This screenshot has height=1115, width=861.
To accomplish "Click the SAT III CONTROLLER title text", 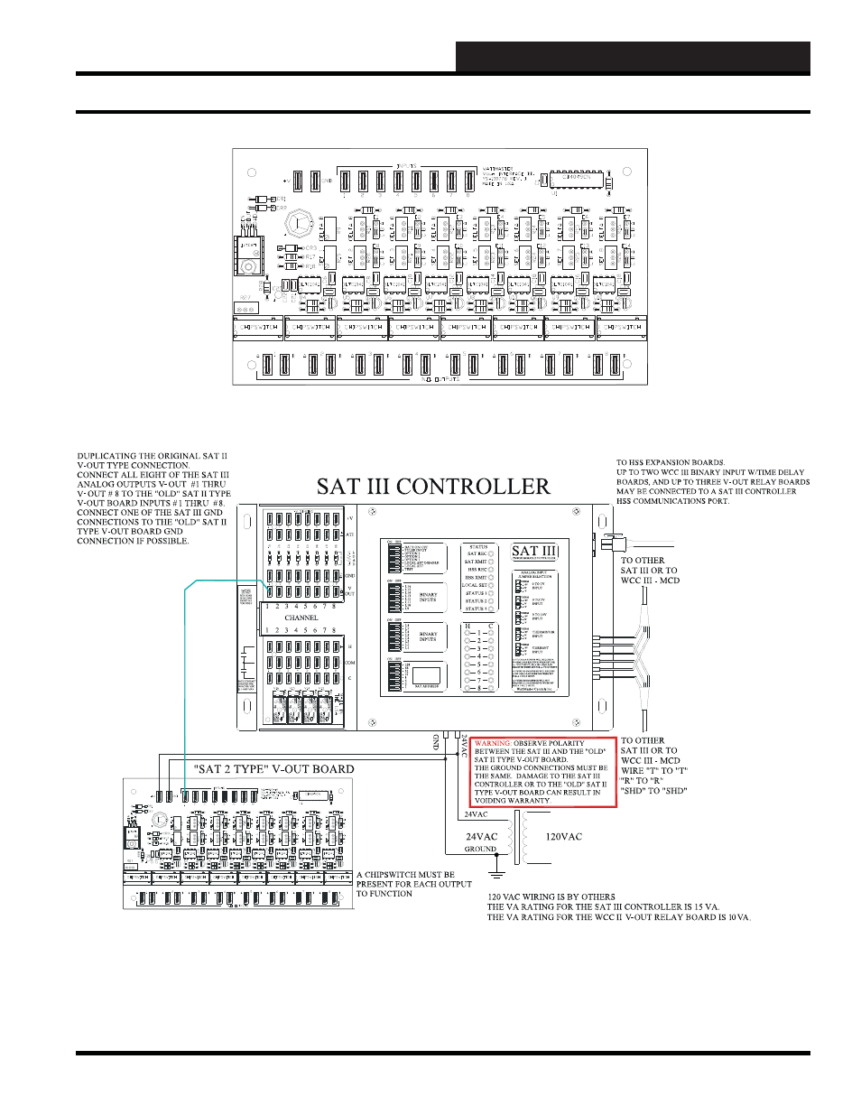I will pos(433,488).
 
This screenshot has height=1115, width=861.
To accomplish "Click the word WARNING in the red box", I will pos(493,744).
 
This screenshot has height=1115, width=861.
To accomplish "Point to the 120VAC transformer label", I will pos(563,837).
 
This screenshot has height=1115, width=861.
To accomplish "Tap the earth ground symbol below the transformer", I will pos(495,872).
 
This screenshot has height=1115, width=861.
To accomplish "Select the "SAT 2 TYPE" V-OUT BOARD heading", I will pos(274,769).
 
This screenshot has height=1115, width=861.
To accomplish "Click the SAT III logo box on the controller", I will pos(534,552).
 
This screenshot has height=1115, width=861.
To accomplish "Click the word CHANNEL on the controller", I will pos(301,618).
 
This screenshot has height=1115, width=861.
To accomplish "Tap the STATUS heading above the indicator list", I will pos(478,547).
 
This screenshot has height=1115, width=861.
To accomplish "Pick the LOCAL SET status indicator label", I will pos(475,585).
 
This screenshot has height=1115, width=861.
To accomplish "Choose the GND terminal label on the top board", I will pos(326,181).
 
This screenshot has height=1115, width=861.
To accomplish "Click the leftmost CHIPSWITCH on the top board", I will pos(258,328).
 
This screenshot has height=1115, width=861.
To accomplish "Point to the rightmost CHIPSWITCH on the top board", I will pos(621,328).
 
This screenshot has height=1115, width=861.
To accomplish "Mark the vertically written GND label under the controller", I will pos(436,741).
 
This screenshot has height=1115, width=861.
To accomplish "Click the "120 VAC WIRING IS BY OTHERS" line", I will pos(551,897).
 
